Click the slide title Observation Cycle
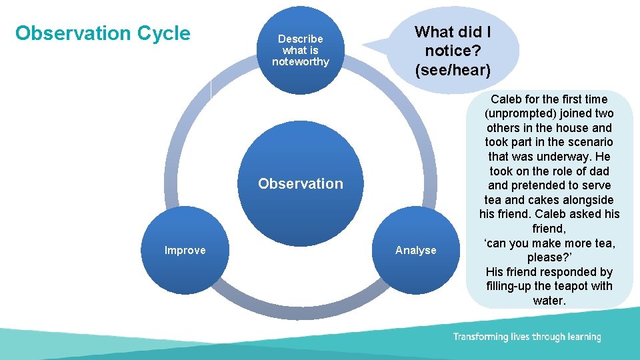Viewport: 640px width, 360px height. (x=103, y=33)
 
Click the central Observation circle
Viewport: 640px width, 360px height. (x=301, y=183)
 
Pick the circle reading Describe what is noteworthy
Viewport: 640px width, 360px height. (x=301, y=50)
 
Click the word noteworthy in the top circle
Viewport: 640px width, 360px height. (x=301, y=62)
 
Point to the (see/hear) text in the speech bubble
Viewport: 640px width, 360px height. (x=453, y=69)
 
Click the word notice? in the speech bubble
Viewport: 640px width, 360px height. (x=453, y=50)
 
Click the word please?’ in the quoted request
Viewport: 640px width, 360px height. (x=549, y=257)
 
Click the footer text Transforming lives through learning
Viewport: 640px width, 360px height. (x=527, y=337)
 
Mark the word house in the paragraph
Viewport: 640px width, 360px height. (x=573, y=127)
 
